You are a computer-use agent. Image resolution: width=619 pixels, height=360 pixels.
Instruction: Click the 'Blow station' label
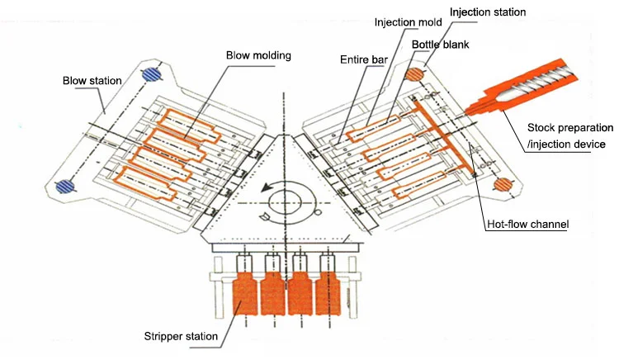(92, 81)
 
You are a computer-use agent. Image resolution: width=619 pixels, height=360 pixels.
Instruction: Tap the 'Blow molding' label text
(258, 55)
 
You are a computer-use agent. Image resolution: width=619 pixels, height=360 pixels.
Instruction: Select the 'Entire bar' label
(364, 59)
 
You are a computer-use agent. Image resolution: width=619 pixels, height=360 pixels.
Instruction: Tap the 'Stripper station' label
(179, 336)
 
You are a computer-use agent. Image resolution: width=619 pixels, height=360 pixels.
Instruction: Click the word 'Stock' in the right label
(541, 128)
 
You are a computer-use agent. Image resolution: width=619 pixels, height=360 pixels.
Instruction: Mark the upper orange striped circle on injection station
(414, 74)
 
